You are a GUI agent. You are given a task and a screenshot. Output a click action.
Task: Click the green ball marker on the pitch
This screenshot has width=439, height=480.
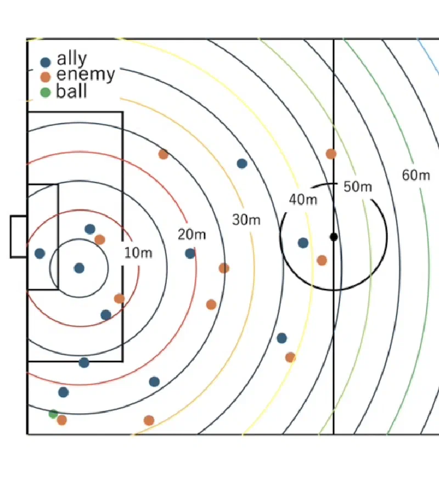(53, 414)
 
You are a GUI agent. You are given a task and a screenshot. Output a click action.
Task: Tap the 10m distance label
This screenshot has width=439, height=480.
(138, 253)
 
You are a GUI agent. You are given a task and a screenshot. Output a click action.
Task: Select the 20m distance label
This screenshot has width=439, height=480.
(192, 234)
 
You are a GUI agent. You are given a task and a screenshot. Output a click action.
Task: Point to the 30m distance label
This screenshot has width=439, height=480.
(246, 220)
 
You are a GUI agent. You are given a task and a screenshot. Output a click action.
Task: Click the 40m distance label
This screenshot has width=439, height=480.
(303, 200)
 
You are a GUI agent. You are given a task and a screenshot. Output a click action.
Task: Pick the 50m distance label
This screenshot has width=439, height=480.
(358, 187)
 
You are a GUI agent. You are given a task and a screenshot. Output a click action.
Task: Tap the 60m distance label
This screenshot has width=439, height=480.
(416, 175)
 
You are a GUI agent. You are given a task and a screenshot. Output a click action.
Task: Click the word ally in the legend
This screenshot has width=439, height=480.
(72, 59)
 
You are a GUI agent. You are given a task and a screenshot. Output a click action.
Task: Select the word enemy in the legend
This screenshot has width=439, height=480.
(86, 75)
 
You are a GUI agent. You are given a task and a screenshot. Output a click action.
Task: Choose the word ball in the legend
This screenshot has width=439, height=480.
(72, 91)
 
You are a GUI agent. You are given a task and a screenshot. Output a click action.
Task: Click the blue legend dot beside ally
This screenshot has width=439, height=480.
(46, 63)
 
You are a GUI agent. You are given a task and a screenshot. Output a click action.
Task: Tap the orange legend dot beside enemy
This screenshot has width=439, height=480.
(46, 77)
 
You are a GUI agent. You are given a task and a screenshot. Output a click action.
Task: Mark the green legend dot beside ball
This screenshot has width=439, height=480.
(46, 92)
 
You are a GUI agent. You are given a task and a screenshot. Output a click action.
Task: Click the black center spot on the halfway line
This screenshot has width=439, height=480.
(334, 237)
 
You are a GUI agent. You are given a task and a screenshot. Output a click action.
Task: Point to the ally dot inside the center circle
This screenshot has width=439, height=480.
(303, 243)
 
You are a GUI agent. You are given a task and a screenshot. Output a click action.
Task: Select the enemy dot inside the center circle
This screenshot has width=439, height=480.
(322, 261)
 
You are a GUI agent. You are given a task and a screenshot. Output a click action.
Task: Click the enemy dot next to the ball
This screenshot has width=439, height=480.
(62, 420)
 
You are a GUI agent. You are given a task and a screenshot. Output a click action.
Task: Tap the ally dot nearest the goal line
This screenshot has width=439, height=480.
(40, 253)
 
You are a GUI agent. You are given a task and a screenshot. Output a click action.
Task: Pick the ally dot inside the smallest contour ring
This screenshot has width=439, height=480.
(79, 268)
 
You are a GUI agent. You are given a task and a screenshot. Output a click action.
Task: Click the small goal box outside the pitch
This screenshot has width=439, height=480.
(19, 236)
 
